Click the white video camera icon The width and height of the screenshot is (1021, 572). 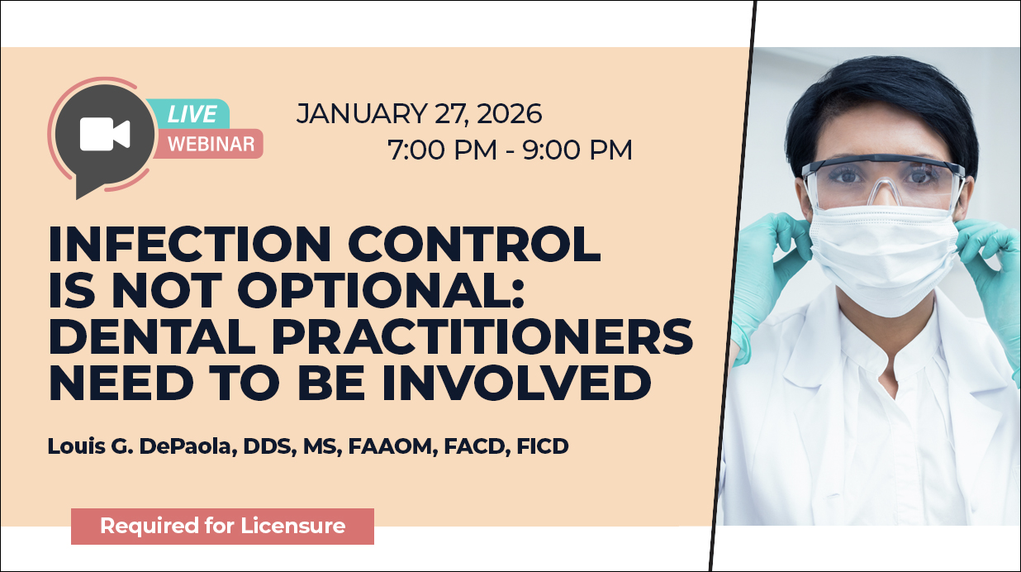pos(105,135)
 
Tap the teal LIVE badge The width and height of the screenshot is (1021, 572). pos(192,114)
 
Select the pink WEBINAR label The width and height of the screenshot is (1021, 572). pos(211,144)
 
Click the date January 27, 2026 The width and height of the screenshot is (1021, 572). pos(419,114)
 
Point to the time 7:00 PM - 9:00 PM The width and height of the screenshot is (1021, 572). pos(510,150)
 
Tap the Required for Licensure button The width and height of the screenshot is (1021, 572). pos(222,526)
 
